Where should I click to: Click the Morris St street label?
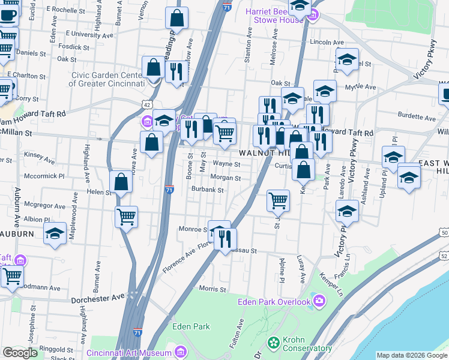[x=212, y=289]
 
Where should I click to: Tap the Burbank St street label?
[x=207, y=190]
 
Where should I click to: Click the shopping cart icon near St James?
[x=278, y=200]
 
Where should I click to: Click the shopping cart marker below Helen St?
[x=126, y=216]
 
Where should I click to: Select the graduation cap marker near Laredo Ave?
[x=347, y=211]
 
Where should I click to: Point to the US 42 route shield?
[x=147, y=104]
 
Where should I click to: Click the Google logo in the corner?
[x=20, y=353]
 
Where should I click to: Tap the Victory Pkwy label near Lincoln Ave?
[x=429, y=62]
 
